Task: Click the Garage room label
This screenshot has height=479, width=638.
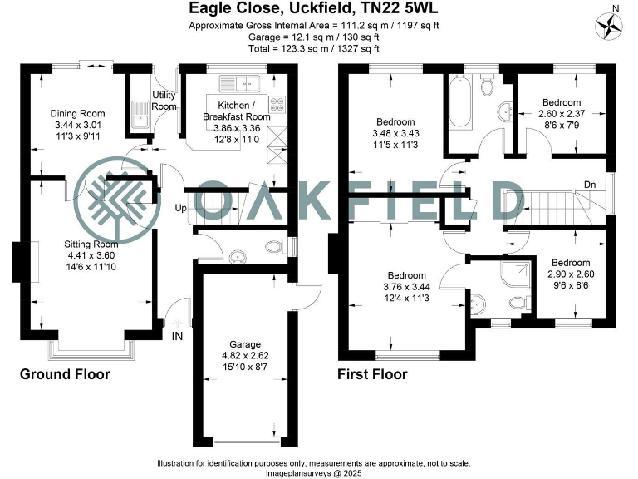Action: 245,343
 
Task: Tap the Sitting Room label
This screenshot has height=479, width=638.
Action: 91,244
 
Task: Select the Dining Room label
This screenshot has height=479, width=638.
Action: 78,114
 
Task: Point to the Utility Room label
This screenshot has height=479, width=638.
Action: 164,101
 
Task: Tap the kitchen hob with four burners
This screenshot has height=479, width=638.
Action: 277,105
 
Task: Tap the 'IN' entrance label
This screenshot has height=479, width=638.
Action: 176,336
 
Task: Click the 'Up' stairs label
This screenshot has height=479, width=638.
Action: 179,208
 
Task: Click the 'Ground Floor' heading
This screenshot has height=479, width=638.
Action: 65,374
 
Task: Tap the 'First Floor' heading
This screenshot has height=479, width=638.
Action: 371,374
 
